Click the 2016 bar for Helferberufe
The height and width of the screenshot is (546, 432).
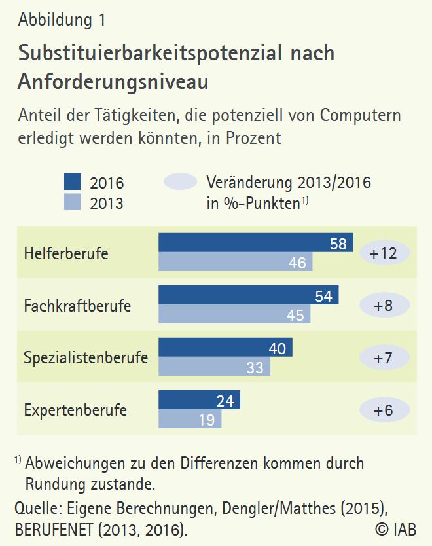pyautogui.click(x=255, y=243)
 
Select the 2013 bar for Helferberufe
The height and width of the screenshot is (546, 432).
pyautogui.click(x=236, y=262)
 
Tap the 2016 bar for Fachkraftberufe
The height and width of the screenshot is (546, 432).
pyautogui.click(x=249, y=295)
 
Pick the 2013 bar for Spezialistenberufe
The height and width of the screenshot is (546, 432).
pyautogui.click(x=214, y=367)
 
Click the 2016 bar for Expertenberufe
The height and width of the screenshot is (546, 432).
pyautogui.click(x=199, y=400)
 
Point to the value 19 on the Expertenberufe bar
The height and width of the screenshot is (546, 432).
pyautogui.click(x=206, y=420)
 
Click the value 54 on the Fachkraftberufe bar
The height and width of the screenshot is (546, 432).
pyautogui.click(x=323, y=296)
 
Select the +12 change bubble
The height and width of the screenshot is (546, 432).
pyautogui.click(x=384, y=253)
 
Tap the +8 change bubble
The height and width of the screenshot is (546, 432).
pyautogui.click(x=384, y=305)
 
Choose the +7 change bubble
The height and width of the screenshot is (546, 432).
pyautogui.click(x=384, y=357)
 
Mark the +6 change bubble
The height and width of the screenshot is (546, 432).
pyautogui.click(x=384, y=410)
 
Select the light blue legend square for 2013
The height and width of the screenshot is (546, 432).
pyautogui.click(x=73, y=202)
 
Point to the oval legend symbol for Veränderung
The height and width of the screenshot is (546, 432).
pyautogui.click(x=180, y=182)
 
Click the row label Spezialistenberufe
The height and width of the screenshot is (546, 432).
pyautogui.click(x=86, y=358)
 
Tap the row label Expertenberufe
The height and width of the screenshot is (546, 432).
pyautogui.click(x=75, y=410)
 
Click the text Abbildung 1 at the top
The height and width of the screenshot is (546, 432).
pyautogui.click(x=62, y=20)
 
